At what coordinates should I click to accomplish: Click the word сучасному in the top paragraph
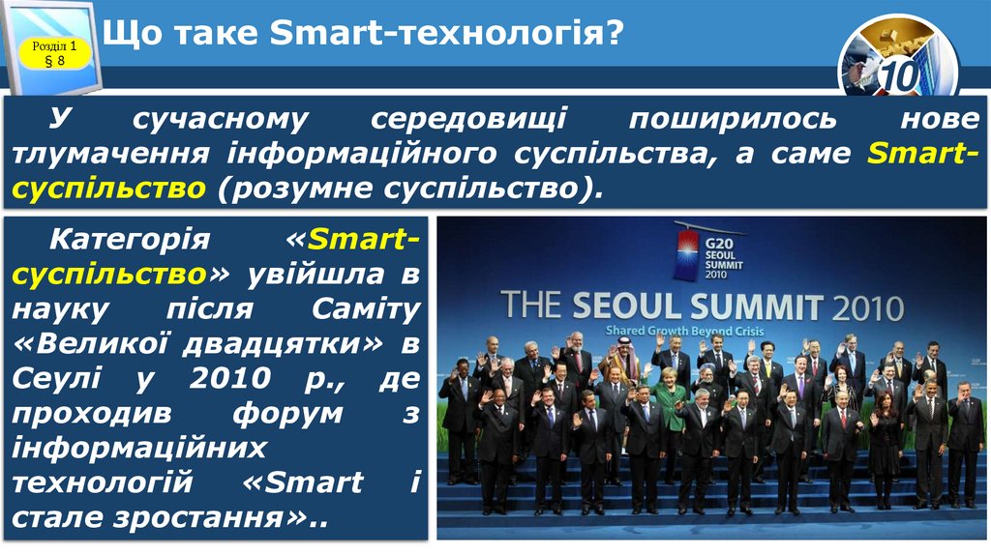220,120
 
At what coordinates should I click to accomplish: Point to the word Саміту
367,309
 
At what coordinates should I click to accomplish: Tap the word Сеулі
58,378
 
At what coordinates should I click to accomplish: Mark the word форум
287,413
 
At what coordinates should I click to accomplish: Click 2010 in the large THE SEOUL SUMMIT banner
867,307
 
